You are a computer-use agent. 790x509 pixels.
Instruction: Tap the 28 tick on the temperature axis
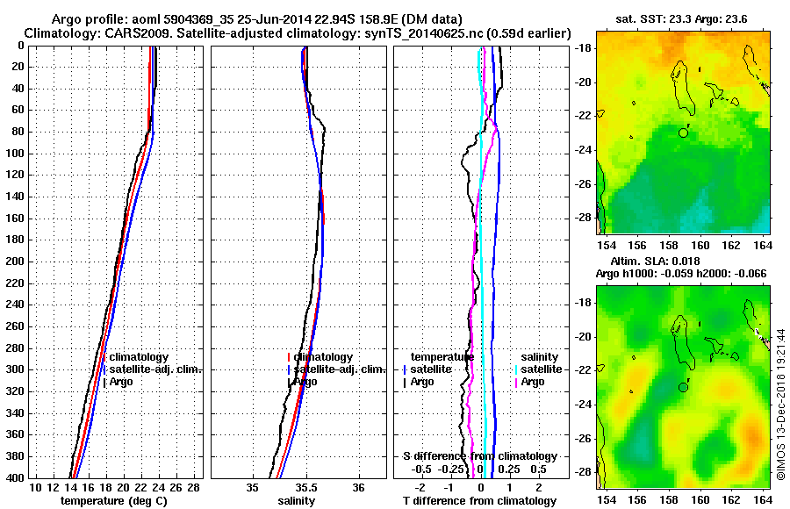(194, 487)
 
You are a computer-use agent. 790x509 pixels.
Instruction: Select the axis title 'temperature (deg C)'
(113, 500)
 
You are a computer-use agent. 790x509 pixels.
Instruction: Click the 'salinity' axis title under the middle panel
(297, 500)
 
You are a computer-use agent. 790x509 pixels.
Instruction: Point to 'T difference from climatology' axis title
(479, 500)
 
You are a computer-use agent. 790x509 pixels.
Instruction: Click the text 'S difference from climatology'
(479, 456)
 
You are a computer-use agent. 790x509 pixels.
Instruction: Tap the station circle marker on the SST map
(683, 133)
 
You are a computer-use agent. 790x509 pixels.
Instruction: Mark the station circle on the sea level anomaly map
(683, 387)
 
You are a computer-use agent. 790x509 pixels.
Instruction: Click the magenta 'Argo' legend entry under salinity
(533, 382)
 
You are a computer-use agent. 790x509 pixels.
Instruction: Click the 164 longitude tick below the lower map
(762, 499)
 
